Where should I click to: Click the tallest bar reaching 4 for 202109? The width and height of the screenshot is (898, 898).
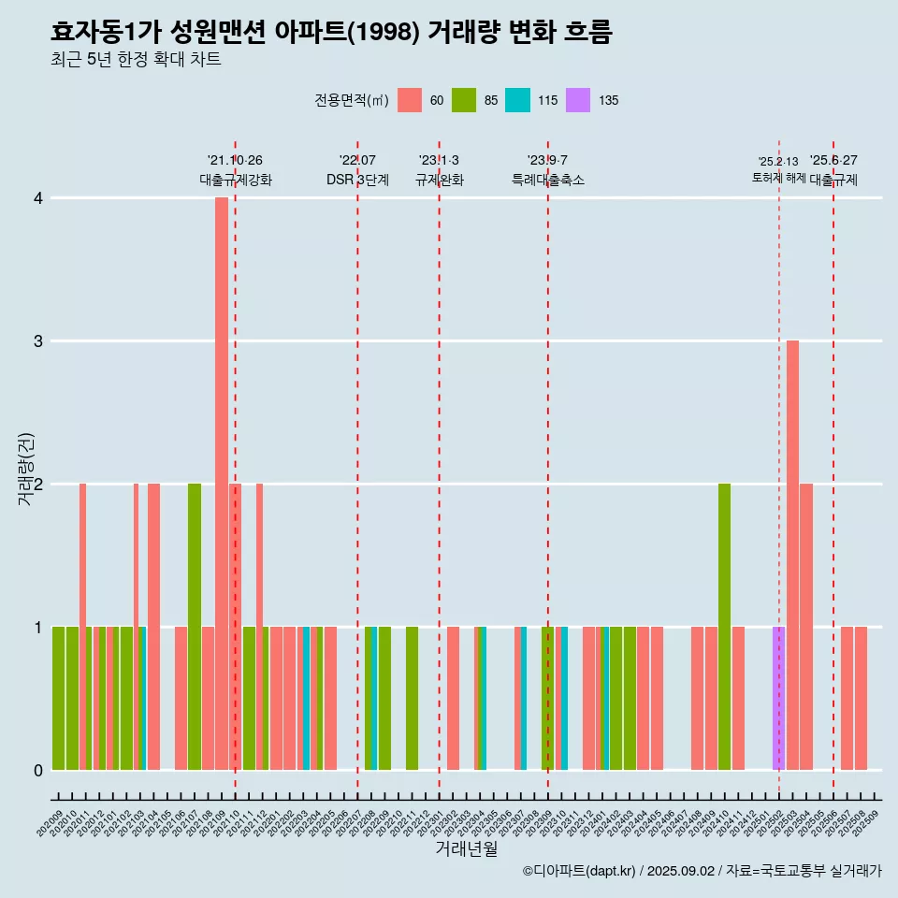(222, 483)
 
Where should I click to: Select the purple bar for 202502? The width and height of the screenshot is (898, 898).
(778, 698)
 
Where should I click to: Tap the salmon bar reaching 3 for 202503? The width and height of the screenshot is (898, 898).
(792, 555)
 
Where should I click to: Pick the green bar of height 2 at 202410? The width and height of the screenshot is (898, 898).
(724, 627)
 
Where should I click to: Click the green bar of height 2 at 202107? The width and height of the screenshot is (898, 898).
(195, 627)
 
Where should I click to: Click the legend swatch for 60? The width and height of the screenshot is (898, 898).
(410, 100)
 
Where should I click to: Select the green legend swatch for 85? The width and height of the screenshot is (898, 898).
(464, 100)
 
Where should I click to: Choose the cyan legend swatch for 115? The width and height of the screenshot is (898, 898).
(517, 100)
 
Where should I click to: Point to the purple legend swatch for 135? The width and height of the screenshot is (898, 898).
(578, 100)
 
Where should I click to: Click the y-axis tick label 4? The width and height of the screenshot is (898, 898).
(38, 198)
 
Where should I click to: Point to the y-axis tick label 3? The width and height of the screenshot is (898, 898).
(38, 341)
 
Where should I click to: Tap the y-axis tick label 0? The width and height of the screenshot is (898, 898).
(38, 771)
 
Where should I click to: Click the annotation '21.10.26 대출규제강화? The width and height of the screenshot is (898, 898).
(235, 170)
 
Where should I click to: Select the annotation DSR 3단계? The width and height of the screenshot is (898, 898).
(357, 180)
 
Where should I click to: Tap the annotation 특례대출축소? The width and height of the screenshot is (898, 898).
(547, 180)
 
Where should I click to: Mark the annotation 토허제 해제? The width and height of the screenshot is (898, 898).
(778, 178)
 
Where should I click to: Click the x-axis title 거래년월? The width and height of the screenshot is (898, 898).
(466, 849)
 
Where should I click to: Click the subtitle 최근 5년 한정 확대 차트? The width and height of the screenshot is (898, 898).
(136, 60)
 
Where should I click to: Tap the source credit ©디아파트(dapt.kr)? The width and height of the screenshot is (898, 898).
(580, 871)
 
